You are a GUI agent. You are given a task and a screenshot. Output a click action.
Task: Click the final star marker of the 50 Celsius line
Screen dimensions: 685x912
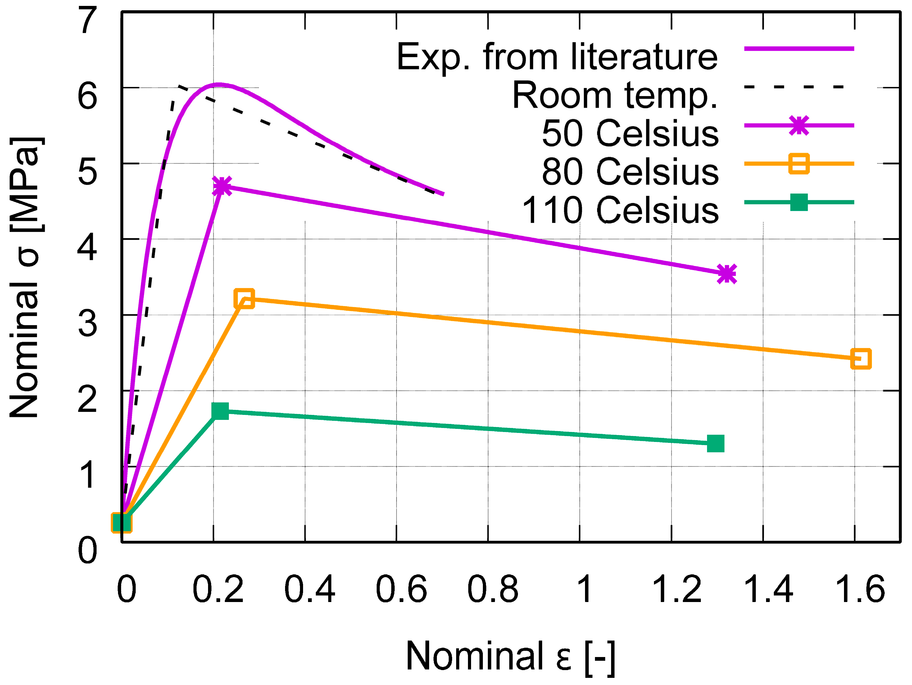[x=727, y=274]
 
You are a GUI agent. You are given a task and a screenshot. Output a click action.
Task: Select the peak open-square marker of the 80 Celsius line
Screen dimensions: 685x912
[x=244, y=298]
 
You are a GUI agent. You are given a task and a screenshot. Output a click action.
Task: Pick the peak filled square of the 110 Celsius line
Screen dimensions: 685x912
[x=220, y=411]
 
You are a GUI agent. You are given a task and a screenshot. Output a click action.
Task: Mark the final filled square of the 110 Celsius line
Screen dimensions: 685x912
[x=716, y=444]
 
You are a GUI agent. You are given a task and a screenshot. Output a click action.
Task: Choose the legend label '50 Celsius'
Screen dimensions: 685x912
[x=630, y=133]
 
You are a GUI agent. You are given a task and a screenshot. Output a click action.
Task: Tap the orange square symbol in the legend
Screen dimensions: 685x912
[x=799, y=164]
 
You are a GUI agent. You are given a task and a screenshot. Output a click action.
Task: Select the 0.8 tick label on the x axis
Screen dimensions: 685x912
[x=493, y=589]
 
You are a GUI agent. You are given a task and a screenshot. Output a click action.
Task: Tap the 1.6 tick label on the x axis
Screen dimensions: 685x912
[x=860, y=589]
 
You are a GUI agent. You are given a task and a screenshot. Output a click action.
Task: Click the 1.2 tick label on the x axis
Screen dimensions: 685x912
[x=676, y=589]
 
